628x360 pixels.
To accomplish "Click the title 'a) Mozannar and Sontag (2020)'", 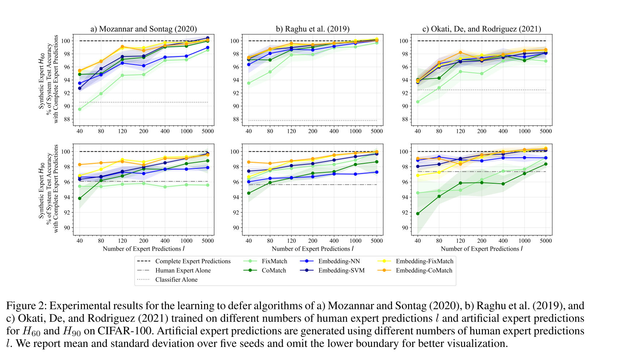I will pyautogui.click(x=143, y=29).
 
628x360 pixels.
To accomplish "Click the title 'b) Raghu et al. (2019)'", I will pyautogui.click(x=312, y=29).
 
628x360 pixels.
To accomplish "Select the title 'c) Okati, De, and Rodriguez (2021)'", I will pyautogui.click(x=481, y=29).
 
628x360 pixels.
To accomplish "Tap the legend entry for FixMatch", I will pyautogui.click(x=274, y=261).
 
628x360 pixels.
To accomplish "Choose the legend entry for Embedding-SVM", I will pyautogui.click(x=341, y=271).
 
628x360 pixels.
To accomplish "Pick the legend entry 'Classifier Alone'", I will pyautogui.click(x=176, y=280).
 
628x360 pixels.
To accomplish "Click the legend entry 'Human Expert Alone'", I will pyautogui.click(x=183, y=271).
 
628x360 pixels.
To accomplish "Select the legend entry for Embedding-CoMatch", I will pyautogui.click(x=424, y=271).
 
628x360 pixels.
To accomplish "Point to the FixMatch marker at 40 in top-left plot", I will pyautogui.click(x=80, y=109).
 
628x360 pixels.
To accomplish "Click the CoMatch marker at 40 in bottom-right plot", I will pyautogui.click(x=418, y=214).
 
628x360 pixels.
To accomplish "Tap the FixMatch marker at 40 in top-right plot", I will pyautogui.click(x=418, y=102).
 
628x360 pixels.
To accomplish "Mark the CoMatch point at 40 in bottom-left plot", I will pyautogui.click(x=80, y=198).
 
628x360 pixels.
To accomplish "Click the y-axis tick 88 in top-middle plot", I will pyautogui.click(x=235, y=119).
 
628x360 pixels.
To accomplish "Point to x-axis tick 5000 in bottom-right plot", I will pyautogui.click(x=546, y=241).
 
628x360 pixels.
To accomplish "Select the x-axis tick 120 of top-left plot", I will pyautogui.click(x=122, y=131).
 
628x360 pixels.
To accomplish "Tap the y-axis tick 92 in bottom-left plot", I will pyautogui.click(x=66, y=213).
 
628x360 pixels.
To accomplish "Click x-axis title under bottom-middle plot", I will pyautogui.click(x=312, y=249).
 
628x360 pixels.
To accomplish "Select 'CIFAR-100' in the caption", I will pyautogui.click(x=126, y=331).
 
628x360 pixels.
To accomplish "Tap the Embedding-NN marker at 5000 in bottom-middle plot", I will pyautogui.click(x=377, y=172).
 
